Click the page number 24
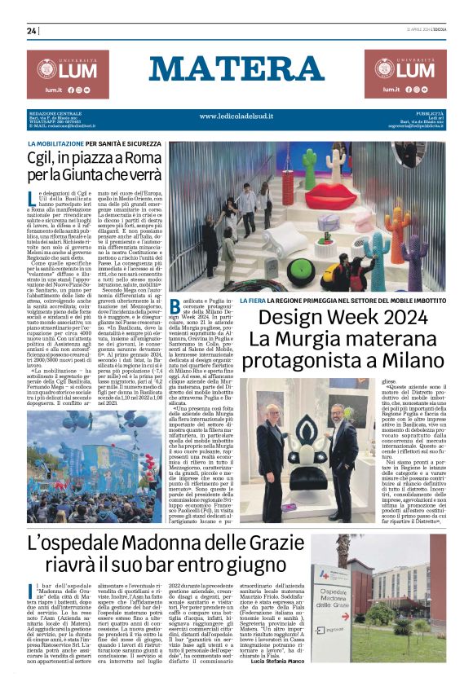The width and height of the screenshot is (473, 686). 32,31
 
